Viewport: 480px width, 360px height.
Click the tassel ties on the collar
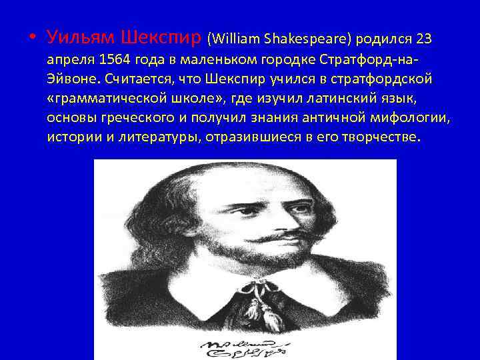point(251,300)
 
